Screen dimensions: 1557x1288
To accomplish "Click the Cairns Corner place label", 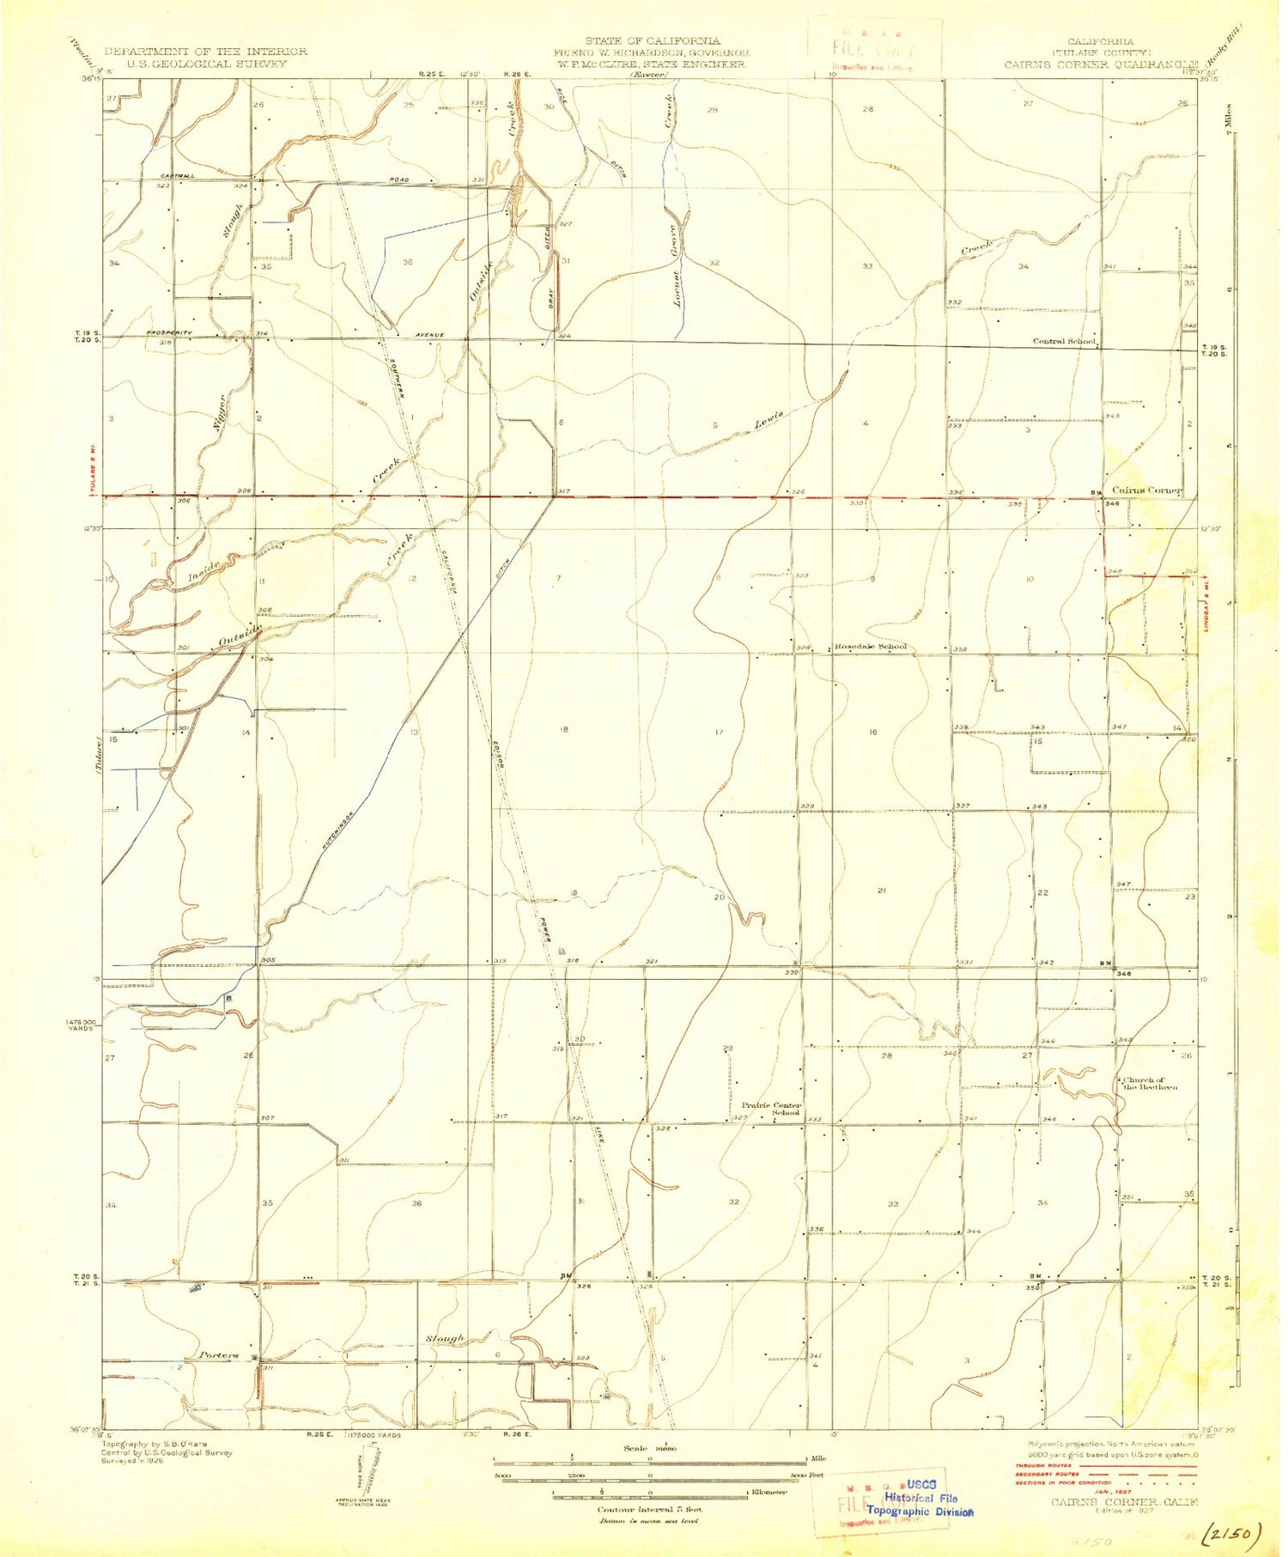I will coord(1147,490).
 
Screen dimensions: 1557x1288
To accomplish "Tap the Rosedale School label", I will coord(870,647).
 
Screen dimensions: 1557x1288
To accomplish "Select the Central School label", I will coord(1063,342).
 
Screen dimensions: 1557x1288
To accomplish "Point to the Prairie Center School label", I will coord(772,1110).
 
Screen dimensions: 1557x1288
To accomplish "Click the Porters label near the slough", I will coord(217,1355).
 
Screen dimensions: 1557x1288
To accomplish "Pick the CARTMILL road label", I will coord(177,176).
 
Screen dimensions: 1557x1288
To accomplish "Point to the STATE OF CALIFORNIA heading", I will coord(652,41).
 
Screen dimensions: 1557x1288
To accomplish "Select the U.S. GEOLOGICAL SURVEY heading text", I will coord(195,64).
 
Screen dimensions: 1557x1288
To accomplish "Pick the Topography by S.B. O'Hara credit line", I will coord(155,1444).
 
